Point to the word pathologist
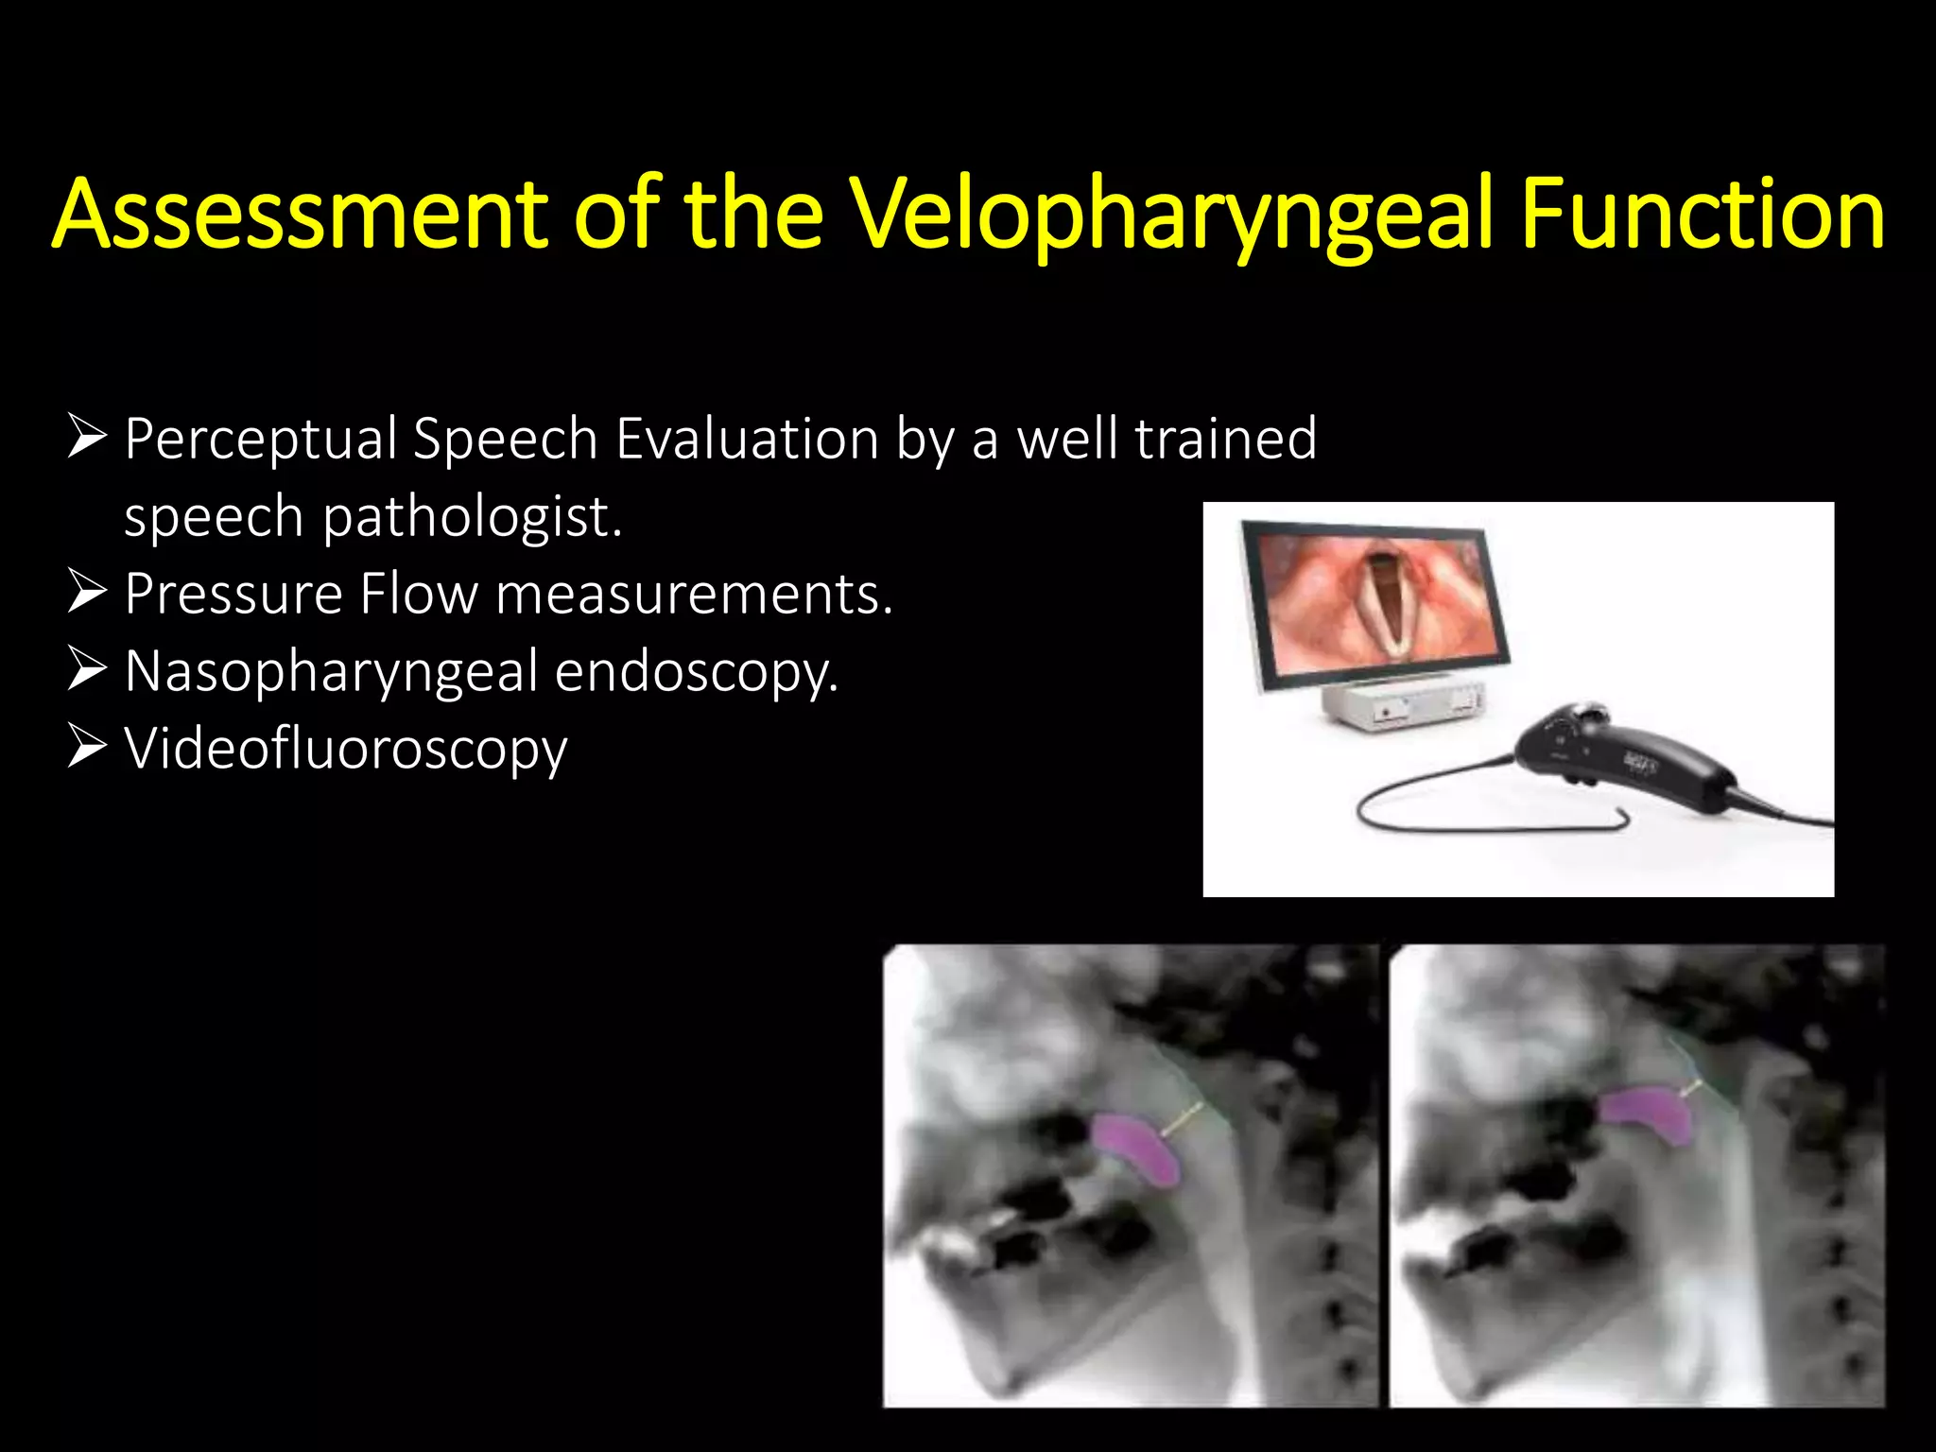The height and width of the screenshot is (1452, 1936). click(x=473, y=517)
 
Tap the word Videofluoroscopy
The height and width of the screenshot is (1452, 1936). click(x=346, y=749)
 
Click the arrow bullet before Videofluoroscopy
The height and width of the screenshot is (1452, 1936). click(x=87, y=747)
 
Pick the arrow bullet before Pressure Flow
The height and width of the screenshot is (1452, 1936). click(x=87, y=593)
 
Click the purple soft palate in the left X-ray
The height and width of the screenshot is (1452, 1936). click(x=1138, y=1148)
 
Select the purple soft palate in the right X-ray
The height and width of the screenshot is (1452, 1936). click(x=1645, y=1115)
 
